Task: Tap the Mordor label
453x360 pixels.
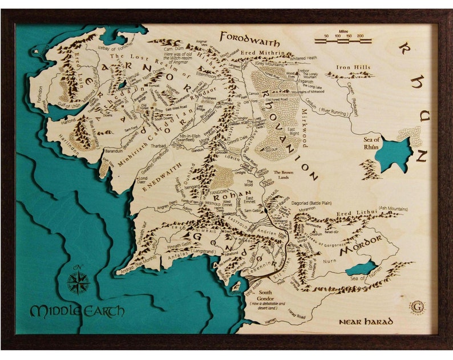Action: [x=361, y=249]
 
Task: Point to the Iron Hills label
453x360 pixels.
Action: [x=354, y=68]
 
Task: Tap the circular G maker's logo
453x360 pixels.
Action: [x=417, y=307]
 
